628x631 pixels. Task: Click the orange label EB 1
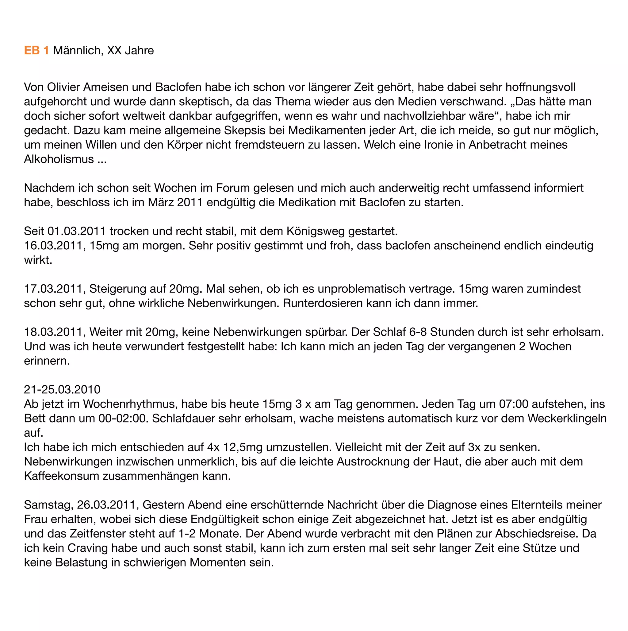pos(36,51)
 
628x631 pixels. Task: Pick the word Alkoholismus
pos(59,159)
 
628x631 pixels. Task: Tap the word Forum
pos(233,188)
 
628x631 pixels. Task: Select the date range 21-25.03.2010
pos(62,390)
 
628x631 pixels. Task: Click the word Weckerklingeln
pos(567,419)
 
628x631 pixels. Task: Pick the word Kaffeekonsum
pos(62,476)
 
